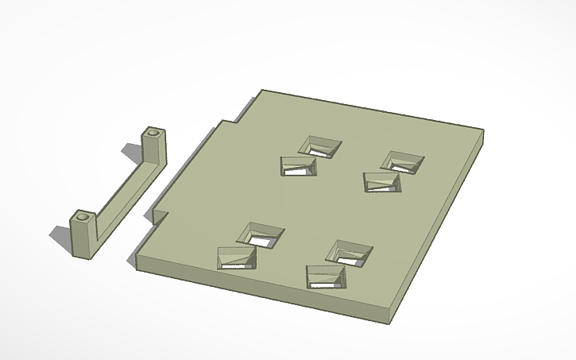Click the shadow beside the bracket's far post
click(x=131, y=151)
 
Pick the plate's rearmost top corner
click(x=262, y=91)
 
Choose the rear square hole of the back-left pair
click(x=321, y=145)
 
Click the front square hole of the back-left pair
click(x=298, y=166)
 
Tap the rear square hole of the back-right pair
click(x=402, y=161)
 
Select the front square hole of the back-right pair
click(x=382, y=183)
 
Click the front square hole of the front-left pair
click(x=237, y=258)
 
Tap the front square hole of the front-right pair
click(x=326, y=277)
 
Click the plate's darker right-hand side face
click(x=441, y=230)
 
